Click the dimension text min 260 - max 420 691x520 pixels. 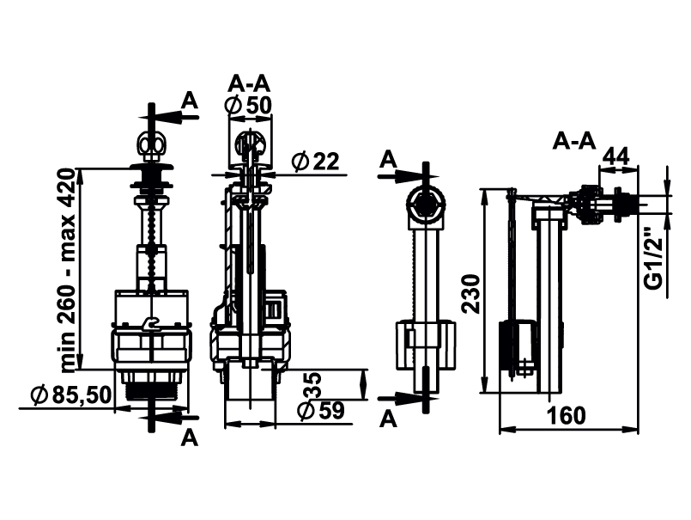[69, 270]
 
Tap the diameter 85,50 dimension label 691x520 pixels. [71, 395]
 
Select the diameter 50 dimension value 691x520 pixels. [248, 105]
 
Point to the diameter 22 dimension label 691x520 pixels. [316, 161]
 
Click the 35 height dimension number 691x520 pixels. [313, 385]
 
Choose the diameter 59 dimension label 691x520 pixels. [321, 411]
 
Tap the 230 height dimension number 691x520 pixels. [471, 294]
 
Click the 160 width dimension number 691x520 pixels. [567, 415]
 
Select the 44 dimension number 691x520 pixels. [616, 156]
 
